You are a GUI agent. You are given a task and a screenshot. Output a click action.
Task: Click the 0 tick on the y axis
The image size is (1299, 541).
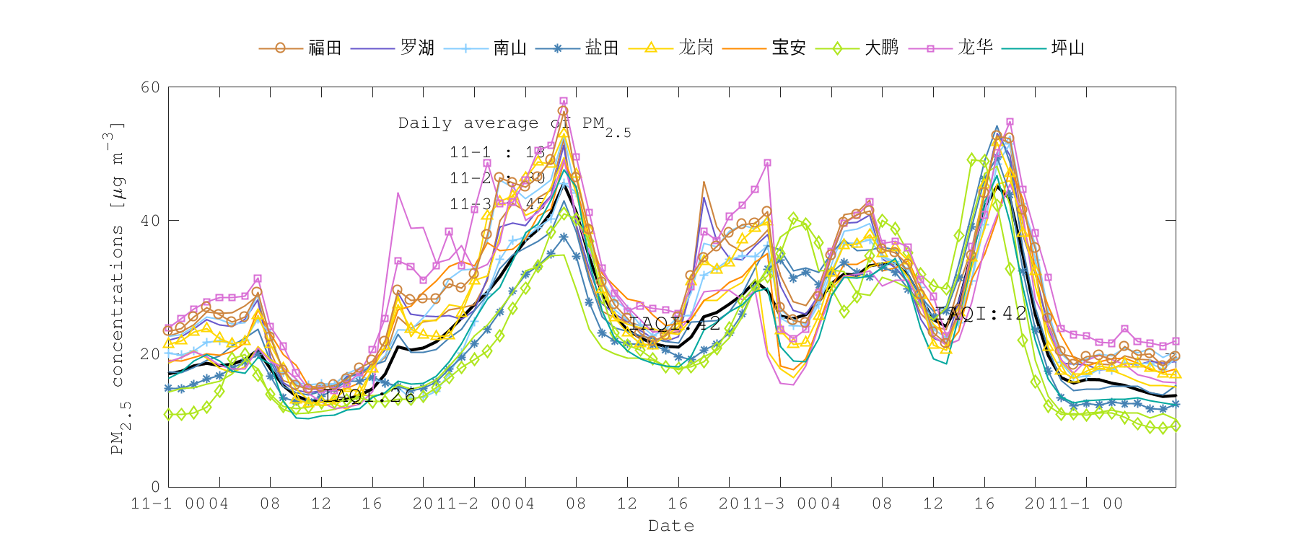tap(155, 487)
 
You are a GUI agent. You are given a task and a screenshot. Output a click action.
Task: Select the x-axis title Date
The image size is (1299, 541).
tap(671, 526)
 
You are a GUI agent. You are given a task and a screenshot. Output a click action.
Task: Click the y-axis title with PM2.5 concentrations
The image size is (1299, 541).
tap(118, 289)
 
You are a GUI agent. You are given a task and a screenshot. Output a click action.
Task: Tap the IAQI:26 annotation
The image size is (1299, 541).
tap(369, 395)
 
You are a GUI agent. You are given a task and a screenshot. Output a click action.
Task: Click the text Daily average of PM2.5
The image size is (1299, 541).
tap(514, 124)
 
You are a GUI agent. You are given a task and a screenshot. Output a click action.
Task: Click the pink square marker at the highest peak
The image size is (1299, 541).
tap(563, 101)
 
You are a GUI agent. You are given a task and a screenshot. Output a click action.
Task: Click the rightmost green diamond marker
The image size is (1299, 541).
tap(1176, 426)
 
